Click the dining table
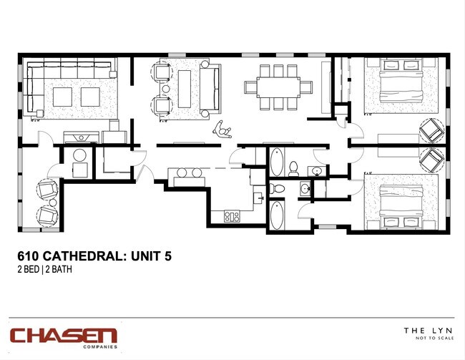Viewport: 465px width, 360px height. (278, 87)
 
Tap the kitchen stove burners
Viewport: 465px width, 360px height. (231, 215)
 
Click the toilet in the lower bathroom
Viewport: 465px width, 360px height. (277, 189)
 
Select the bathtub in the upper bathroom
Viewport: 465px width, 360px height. (277, 162)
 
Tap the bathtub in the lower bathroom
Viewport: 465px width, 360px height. (277, 215)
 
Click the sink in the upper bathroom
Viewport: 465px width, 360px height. (315, 170)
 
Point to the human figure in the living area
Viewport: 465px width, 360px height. (224, 129)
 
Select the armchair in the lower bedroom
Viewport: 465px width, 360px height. (431, 160)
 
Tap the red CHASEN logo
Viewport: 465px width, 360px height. (63, 335)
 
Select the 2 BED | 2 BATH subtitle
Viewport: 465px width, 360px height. (44, 270)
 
